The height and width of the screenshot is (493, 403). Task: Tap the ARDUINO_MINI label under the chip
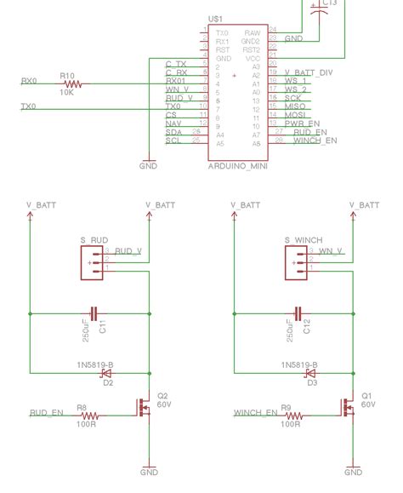[x=237, y=167]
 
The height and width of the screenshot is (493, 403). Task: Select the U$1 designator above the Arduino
[x=215, y=18]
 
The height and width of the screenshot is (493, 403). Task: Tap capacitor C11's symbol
[x=94, y=313]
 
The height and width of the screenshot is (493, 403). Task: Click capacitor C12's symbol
[x=298, y=313]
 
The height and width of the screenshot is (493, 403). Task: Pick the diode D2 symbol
[x=107, y=373]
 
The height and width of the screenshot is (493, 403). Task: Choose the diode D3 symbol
[x=311, y=373]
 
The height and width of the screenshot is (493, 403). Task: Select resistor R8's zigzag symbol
[x=88, y=416]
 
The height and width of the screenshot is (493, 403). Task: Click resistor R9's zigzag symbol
[x=292, y=416]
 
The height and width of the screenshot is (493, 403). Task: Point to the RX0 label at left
[x=29, y=81]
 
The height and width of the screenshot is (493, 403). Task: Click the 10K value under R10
[x=67, y=92]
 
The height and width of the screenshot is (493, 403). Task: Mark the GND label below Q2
[x=149, y=472]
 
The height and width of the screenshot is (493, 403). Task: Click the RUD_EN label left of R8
[x=46, y=413]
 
